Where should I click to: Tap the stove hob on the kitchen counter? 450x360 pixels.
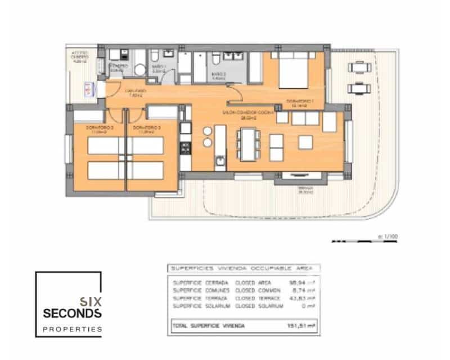pos(185,148)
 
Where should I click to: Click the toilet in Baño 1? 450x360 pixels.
pos(154,56)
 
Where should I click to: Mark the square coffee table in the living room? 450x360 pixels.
pos(306,142)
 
